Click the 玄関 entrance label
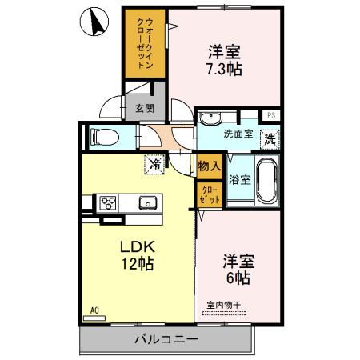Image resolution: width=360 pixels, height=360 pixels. coord(144,109)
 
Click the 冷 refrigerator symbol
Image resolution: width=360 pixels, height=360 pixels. coord(153,166)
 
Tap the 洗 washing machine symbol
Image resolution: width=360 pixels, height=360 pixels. coord(270,137)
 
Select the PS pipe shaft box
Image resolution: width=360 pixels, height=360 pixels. coord(271,115)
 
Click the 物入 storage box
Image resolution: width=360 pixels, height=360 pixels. coord(209,166)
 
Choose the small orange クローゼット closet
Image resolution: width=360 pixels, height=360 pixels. coord(209,193)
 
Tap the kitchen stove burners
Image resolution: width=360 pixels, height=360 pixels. coord(107,202)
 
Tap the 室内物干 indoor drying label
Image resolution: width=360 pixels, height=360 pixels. coord(226,305)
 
